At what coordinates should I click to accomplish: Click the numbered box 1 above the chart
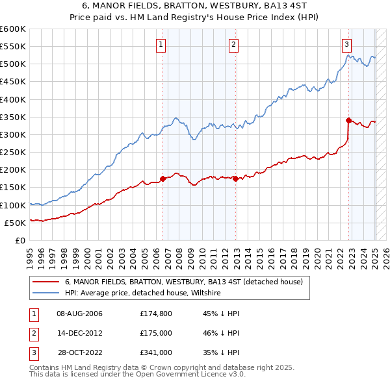[161, 45]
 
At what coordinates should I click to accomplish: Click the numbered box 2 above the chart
[233, 45]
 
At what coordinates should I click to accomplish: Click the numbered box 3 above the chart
[347, 45]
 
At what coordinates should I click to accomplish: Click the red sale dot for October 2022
[349, 120]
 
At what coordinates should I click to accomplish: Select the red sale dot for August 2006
[162, 179]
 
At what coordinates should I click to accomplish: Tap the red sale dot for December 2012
[235, 179]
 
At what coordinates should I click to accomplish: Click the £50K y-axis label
[15, 223]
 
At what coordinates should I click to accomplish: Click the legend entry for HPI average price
[143, 293]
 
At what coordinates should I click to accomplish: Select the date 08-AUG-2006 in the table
[79, 314]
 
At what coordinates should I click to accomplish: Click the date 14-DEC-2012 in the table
[79, 333]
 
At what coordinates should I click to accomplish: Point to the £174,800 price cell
[156, 314]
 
